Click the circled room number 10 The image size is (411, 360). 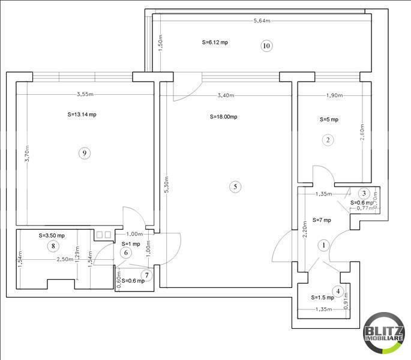(267, 46)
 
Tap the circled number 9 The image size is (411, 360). (85, 153)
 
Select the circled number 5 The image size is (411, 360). (235, 187)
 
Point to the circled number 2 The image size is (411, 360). (327, 140)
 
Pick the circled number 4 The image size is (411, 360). (338, 292)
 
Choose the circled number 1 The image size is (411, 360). (323, 245)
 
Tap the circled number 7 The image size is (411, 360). (146, 275)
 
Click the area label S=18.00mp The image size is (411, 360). (224, 117)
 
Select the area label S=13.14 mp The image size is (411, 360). (82, 114)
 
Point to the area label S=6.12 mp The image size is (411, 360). (214, 43)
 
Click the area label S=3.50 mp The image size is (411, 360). (52, 236)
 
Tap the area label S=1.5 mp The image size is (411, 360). (322, 298)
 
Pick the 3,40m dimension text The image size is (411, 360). (226, 95)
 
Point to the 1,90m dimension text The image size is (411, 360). (334, 95)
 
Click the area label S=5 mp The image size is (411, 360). (329, 119)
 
